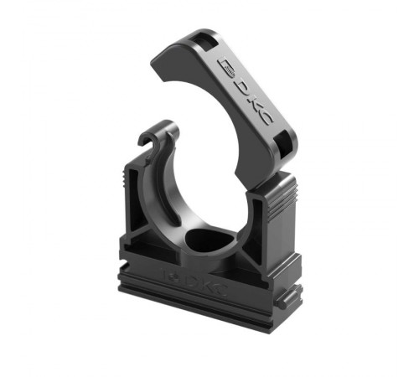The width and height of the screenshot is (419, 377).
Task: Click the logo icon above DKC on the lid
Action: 228,69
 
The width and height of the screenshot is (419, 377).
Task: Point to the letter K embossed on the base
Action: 206,284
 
